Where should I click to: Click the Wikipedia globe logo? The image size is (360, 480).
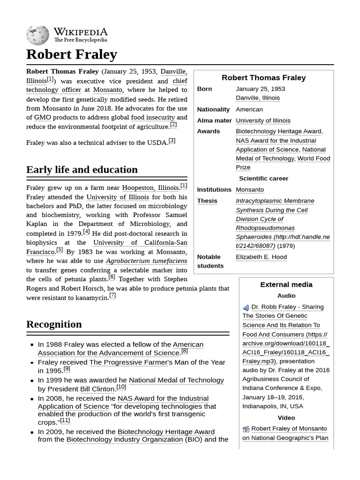click(x=37, y=35)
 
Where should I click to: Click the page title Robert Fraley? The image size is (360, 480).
click(x=71, y=54)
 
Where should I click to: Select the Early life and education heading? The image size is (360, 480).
click(x=82, y=170)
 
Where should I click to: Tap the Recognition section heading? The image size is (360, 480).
click(x=54, y=324)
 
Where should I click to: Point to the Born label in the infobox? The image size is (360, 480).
click(x=204, y=89)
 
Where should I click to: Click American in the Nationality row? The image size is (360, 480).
click(x=249, y=109)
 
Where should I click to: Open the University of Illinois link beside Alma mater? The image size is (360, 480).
click(x=263, y=120)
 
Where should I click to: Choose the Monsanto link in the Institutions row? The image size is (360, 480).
click(x=249, y=190)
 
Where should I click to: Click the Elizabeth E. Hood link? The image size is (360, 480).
click(x=261, y=257)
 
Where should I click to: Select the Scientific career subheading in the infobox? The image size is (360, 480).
click(x=263, y=179)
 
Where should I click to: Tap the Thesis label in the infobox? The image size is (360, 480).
click(x=207, y=201)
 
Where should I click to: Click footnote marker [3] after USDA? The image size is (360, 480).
click(x=172, y=141)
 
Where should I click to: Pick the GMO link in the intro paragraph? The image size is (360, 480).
click(x=43, y=118)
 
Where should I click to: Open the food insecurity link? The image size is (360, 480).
click(x=153, y=118)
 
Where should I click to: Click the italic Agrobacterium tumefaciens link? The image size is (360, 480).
click(x=146, y=261)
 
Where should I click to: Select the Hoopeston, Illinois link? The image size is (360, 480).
click(x=150, y=188)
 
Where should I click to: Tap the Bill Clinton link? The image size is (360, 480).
click(x=97, y=389)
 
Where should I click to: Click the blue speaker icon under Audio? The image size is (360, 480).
click(x=246, y=308)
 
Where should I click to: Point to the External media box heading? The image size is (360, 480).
click(x=286, y=285)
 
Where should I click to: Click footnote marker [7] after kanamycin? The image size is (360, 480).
click(x=112, y=296)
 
